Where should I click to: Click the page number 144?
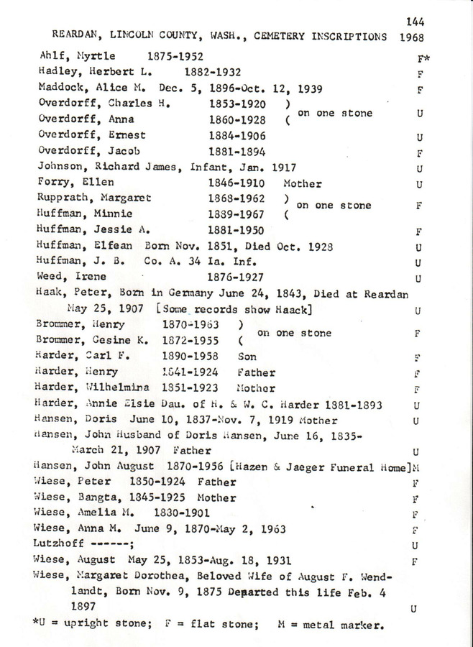point(415,22)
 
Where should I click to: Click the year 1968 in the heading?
point(414,37)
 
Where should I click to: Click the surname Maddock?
point(60,89)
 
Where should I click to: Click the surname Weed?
point(49,276)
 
